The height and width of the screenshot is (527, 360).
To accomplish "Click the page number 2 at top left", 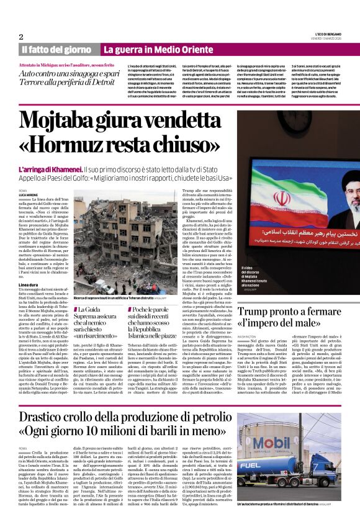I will click(21, 36).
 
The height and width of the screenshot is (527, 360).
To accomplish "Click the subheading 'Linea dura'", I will click(28, 285).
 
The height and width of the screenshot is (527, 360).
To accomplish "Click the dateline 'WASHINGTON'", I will click(246, 338).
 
